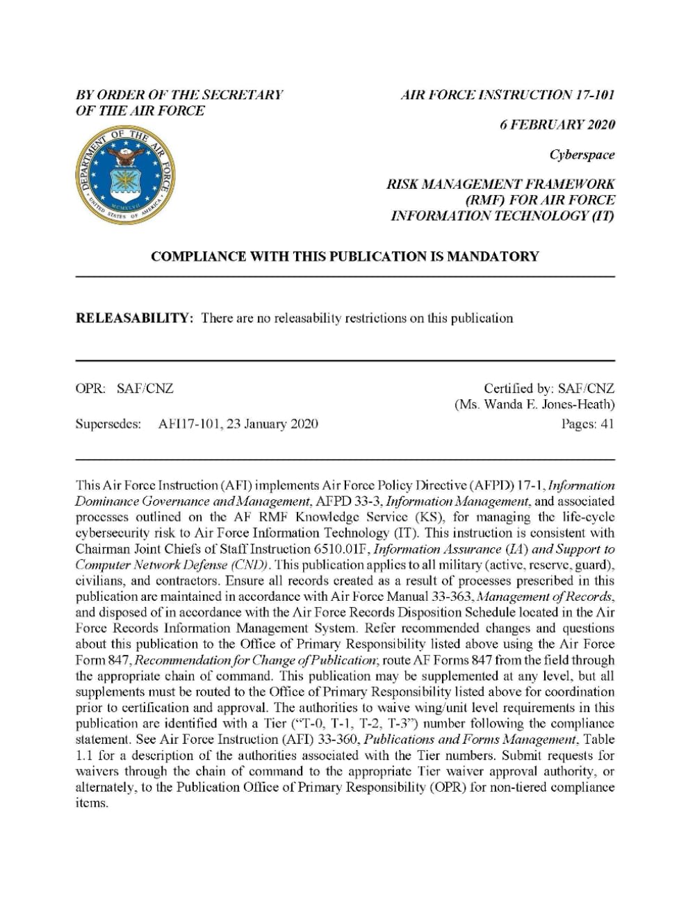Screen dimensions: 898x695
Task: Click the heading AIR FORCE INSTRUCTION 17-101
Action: [x=508, y=95]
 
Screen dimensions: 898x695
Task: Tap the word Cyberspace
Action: [x=582, y=155]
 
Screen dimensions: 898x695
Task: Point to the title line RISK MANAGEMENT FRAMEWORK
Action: [x=500, y=185]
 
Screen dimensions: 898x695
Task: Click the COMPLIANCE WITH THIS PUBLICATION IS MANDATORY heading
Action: [x=345, y=256]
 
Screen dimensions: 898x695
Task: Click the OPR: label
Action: [x=90, y=389]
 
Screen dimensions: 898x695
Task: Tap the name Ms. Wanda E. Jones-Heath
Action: [x=534, y=404]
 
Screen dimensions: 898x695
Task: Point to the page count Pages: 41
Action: [x=587, y=424]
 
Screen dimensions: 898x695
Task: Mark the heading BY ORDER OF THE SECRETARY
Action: [x=179, y=95]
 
